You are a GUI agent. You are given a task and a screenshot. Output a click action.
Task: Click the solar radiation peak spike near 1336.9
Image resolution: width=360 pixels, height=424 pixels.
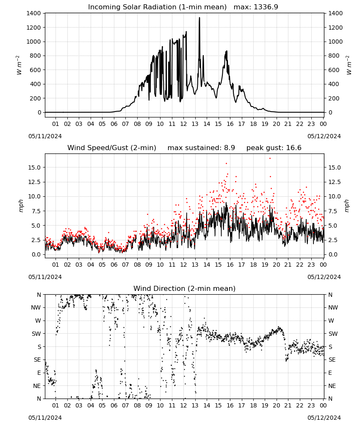coord(199,18)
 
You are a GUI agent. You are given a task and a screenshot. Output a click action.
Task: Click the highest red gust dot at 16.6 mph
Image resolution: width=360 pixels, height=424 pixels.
coord(270,159)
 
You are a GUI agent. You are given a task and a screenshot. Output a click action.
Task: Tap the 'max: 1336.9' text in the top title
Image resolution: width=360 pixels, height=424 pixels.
coord(256,7)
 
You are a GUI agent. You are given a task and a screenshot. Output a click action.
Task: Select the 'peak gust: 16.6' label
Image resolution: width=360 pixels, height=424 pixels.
coord(274,148)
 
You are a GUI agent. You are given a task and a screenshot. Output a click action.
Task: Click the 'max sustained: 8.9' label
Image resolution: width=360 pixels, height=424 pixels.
coord(201,148)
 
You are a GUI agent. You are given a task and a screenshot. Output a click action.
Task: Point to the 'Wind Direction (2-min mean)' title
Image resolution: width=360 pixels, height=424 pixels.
coord(185,288)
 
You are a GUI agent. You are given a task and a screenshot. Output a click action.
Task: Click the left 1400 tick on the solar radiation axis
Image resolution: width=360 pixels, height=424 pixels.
coord(34,13)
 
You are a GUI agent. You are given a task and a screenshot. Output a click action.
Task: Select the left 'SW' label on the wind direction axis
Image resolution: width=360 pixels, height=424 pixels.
coord(36,334)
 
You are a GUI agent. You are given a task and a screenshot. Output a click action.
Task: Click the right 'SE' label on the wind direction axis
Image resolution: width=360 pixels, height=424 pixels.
coord(332,360)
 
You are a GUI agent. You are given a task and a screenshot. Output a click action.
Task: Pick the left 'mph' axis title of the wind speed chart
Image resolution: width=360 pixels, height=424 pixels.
coord(21,206)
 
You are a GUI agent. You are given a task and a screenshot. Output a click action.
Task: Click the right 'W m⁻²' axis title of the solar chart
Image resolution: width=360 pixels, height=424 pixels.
coord(349,65)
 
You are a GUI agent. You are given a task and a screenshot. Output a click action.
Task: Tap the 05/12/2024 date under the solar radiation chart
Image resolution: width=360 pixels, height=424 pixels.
coord(324,136)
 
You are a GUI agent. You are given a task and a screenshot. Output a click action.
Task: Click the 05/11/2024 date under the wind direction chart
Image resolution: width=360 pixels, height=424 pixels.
coord(45,418)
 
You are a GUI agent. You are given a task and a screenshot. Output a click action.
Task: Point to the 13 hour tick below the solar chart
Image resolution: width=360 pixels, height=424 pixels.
coord(195,124)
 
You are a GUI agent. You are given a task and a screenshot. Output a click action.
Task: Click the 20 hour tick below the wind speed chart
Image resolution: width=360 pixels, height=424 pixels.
coord(276,265)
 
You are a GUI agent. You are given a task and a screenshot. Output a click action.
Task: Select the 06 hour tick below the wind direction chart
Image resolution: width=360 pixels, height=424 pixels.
coord(114,405)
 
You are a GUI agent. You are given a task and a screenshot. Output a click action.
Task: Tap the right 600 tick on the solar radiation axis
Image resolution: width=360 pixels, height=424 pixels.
coord(334,70)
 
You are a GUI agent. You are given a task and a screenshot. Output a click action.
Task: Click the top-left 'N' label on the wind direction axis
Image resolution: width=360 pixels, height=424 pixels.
coord(39,295)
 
